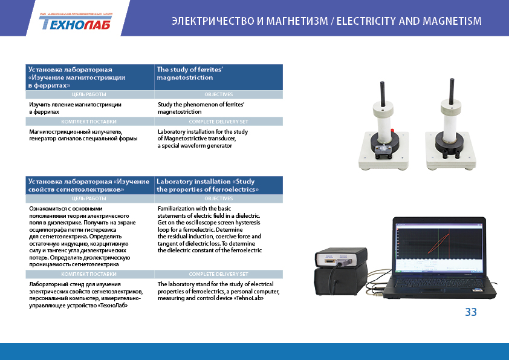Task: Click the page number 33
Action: [471, 312]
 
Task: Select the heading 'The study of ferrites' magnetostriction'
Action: [190, 73]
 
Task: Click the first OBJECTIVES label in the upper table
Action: [218, 94]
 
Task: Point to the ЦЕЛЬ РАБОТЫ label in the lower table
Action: [89, 198]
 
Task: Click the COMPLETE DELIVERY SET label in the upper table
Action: [218, 122]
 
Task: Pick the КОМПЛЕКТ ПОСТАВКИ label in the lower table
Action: [89, 274]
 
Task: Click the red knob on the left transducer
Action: [392, 130]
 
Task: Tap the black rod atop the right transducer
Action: [452, 91]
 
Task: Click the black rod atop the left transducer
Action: [383, 94]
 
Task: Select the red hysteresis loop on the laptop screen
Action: [439, 243]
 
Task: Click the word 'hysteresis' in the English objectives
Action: [248, 223]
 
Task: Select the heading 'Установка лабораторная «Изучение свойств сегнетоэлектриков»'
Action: [89, 185]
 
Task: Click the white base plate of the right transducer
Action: [451, 153]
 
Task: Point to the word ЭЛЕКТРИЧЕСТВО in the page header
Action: [213, 21]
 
